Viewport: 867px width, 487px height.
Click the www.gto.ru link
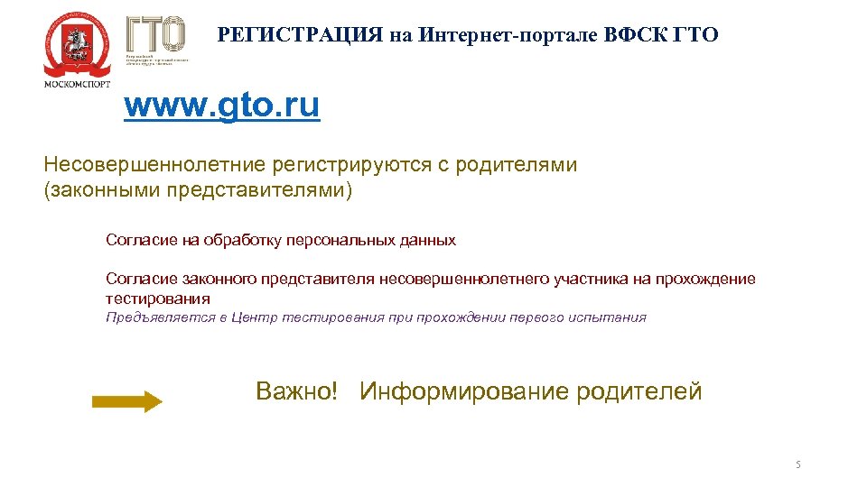[221, 106]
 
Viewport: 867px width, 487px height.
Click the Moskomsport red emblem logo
[76, 44]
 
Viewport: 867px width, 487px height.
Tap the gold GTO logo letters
[155, 34]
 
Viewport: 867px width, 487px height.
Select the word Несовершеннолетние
[154, 165]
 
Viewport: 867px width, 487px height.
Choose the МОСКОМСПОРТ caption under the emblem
[78, 84]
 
